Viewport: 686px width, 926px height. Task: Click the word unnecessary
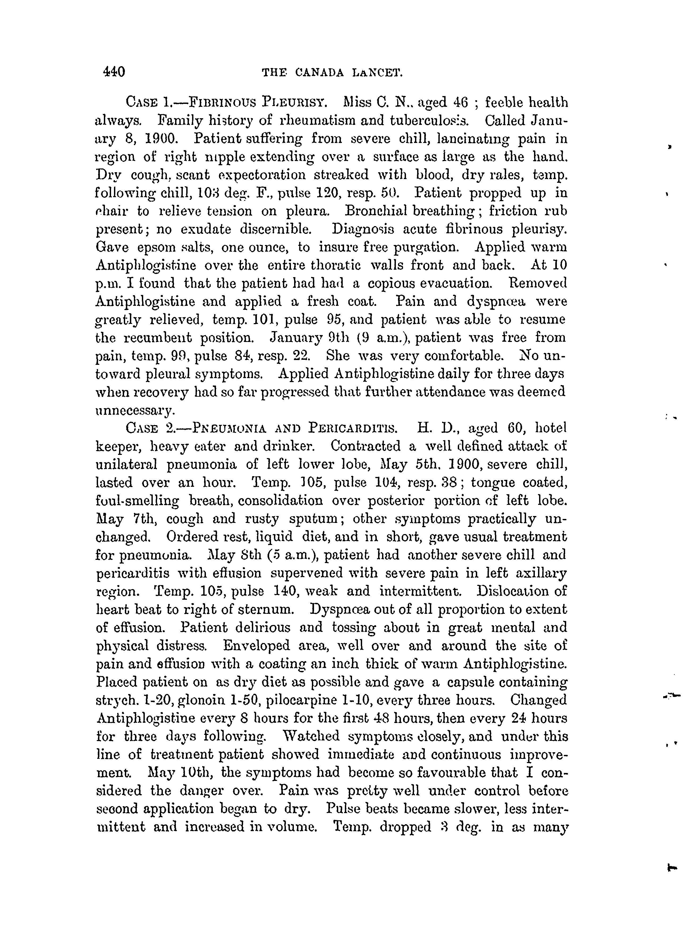click(135, 411)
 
